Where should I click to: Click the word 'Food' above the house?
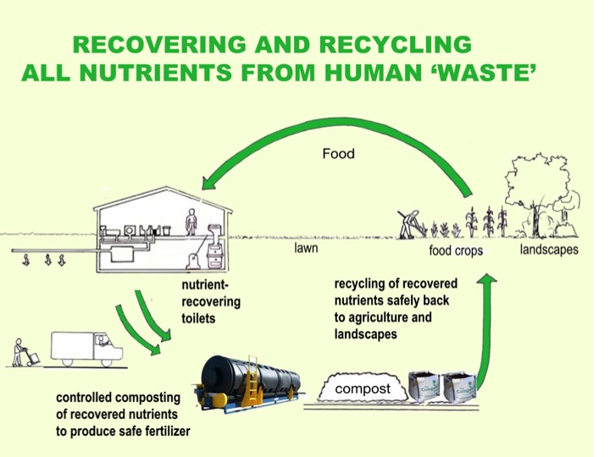[x=337, y=155]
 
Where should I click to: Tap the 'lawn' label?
[x=306, y=251]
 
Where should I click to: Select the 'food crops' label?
[x=455, y=251]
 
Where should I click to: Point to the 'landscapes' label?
[x=549, y=250]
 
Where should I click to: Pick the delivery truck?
[x=82, y=347]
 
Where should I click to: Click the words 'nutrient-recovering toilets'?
[x=211, y=301]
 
